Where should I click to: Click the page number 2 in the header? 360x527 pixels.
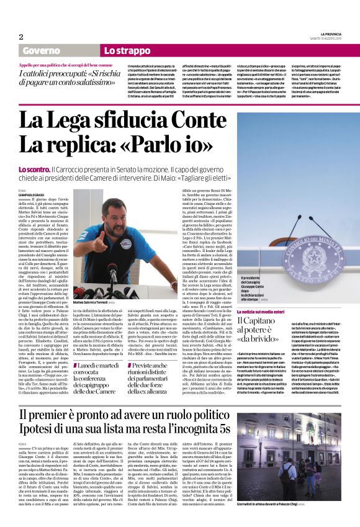pos(20,37)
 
